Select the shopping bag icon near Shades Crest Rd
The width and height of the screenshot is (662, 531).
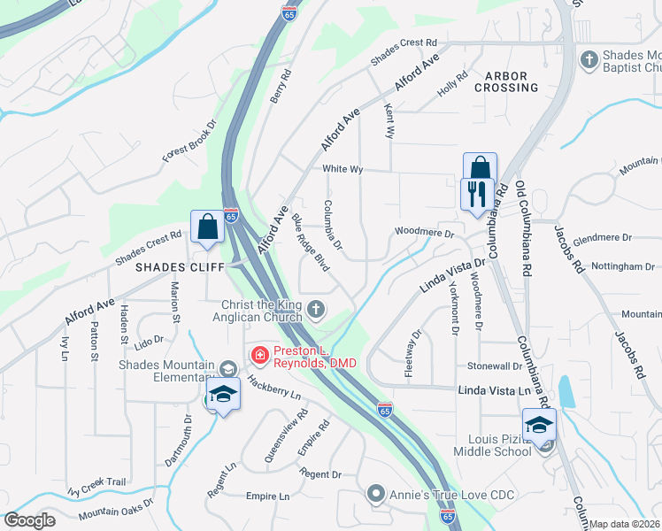pos(206,226)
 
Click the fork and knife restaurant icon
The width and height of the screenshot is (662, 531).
pos(477,194)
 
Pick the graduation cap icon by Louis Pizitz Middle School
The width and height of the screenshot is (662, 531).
pos(538,426)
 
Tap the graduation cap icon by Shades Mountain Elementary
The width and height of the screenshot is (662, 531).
pos(224,395)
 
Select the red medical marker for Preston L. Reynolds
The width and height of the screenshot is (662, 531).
pos(260,356)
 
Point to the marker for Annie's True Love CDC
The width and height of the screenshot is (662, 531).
pos(376,494)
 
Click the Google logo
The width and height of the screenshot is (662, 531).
pos(29,520)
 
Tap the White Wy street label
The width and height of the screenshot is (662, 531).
pos(343,169)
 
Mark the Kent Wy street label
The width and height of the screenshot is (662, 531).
pos(389,120)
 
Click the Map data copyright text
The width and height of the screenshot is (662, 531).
pos(624,524)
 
